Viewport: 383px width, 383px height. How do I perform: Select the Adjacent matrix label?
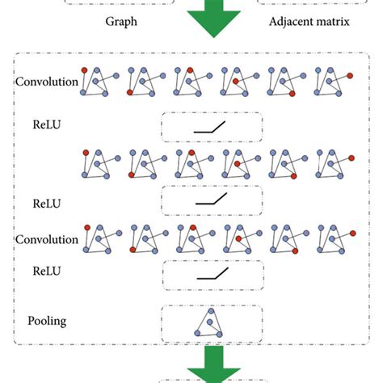[309, 22]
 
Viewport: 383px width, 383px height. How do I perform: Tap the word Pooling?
[45, 321]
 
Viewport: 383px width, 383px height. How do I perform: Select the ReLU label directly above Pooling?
[45, 275]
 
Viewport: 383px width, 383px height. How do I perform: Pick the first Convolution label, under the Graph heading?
[46, 82]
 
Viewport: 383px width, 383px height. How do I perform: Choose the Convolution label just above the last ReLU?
[46, 239]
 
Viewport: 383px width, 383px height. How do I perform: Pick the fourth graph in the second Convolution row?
[238, 239]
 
